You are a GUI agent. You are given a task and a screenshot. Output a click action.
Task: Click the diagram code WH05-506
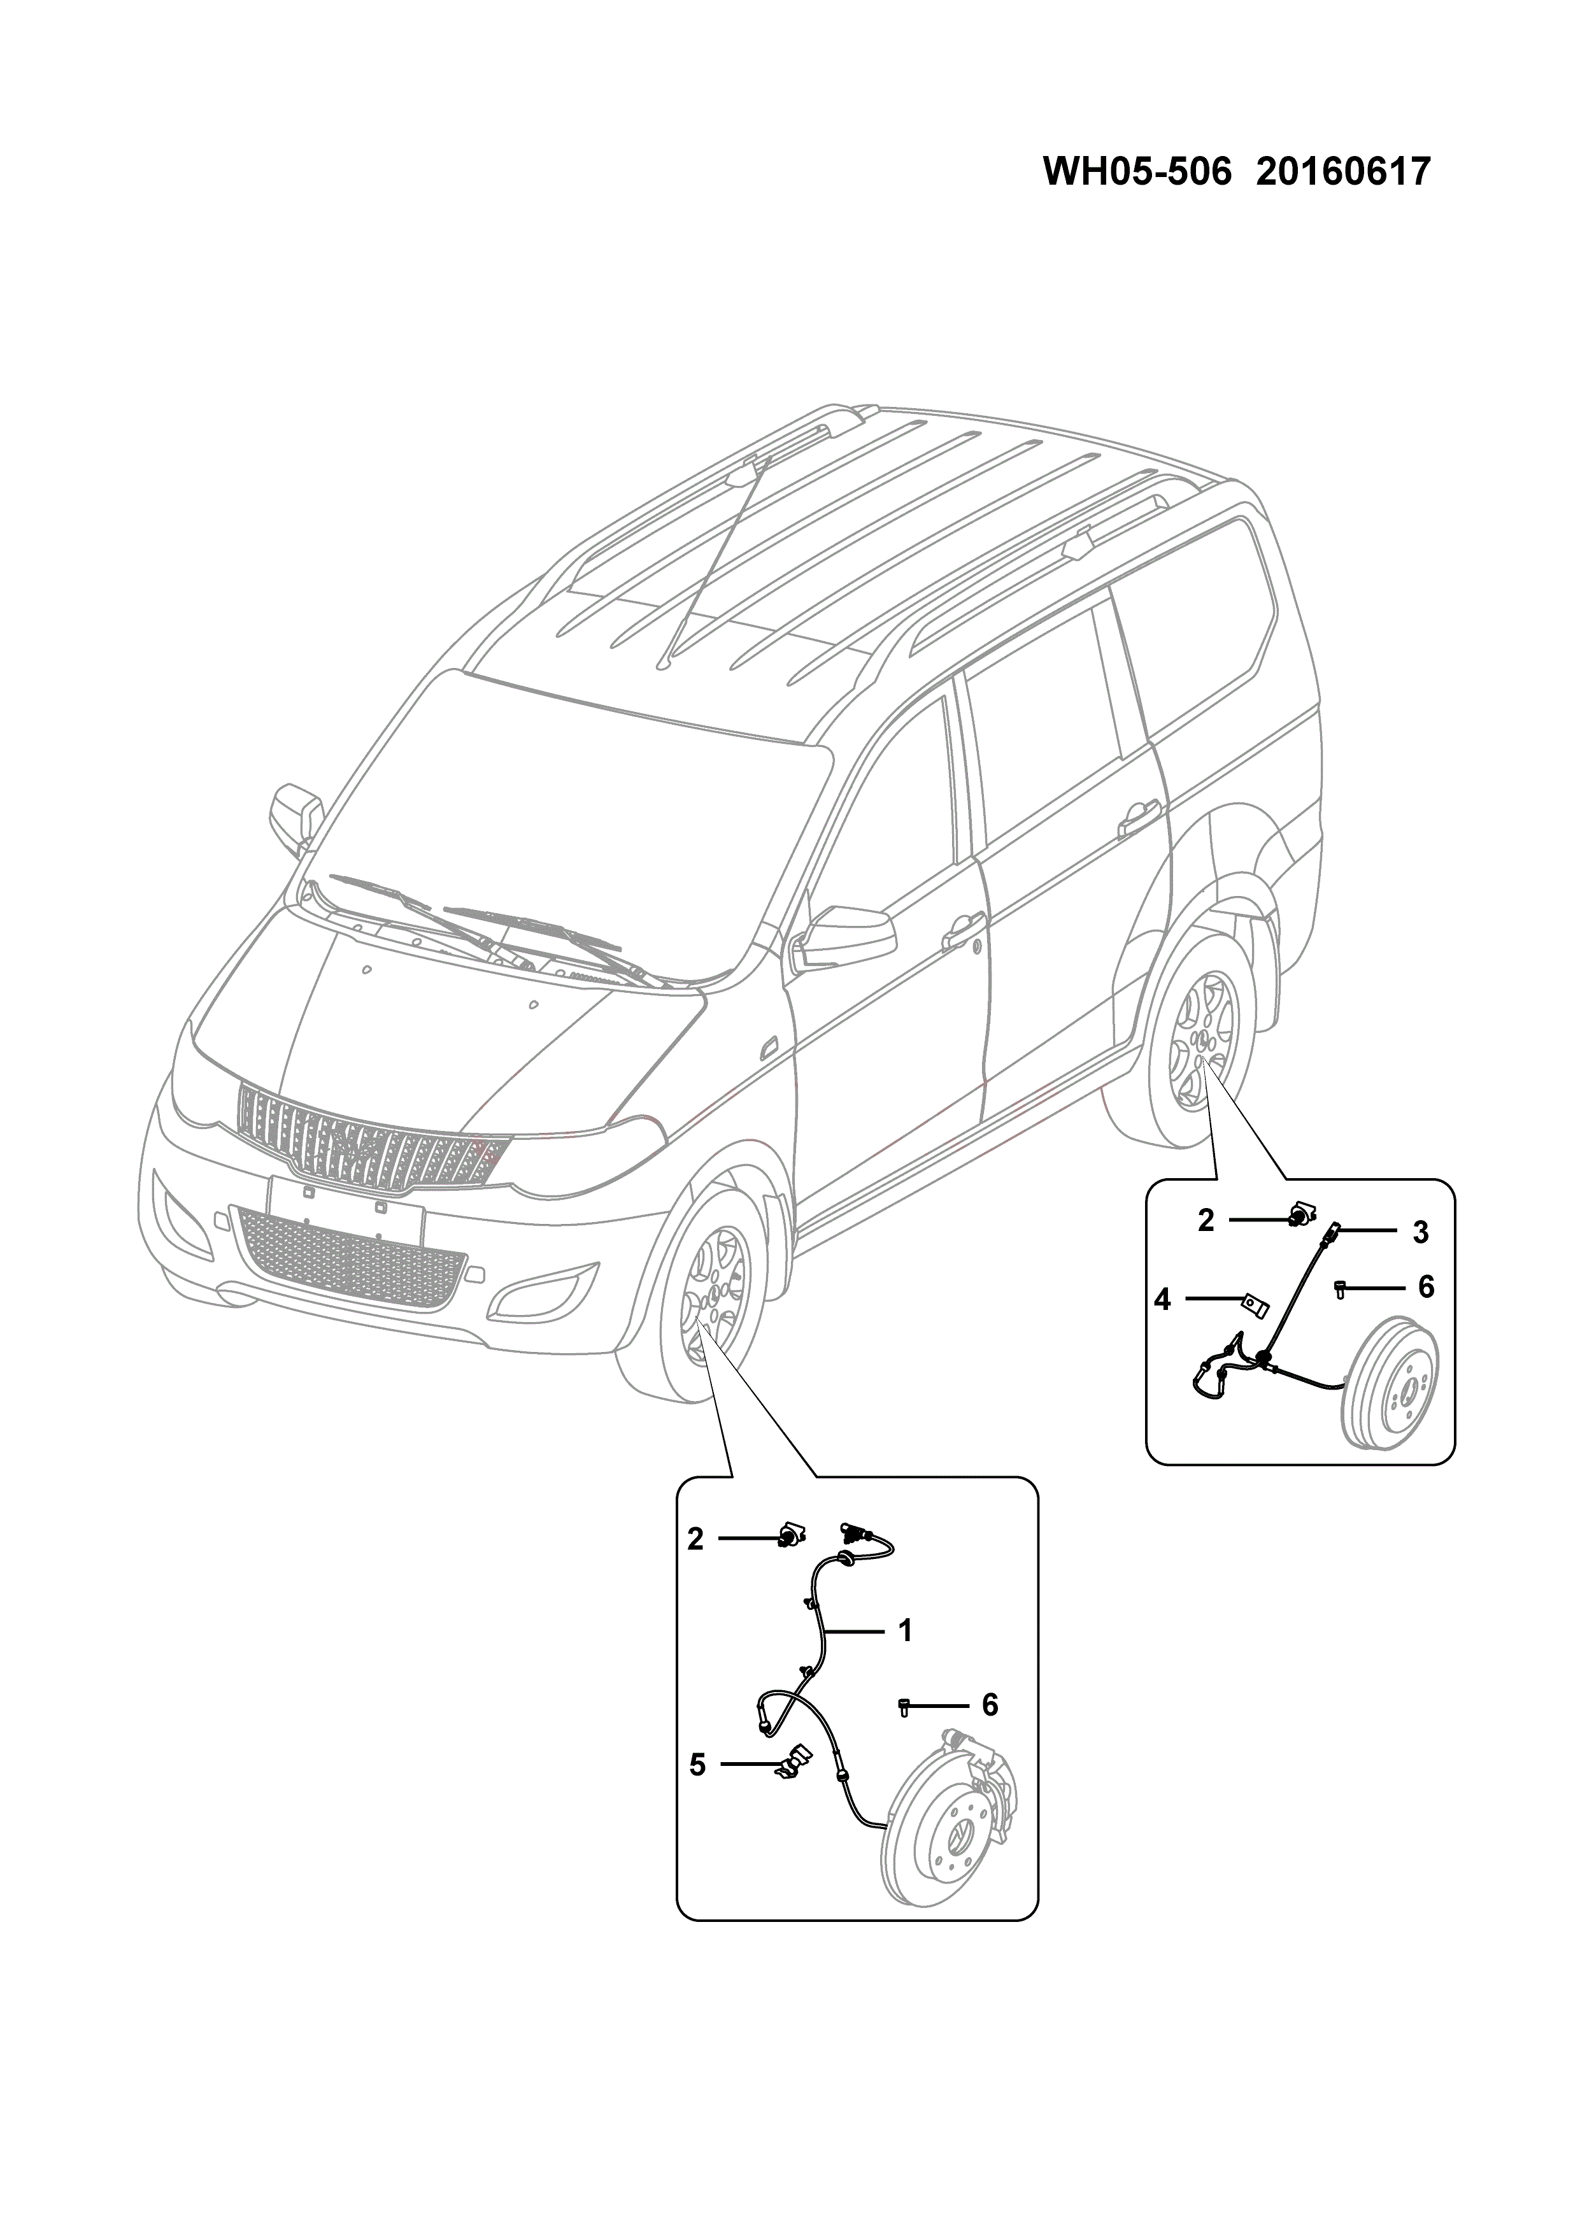[1136, 172]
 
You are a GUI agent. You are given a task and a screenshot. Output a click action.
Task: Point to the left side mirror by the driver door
[839, 936]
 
